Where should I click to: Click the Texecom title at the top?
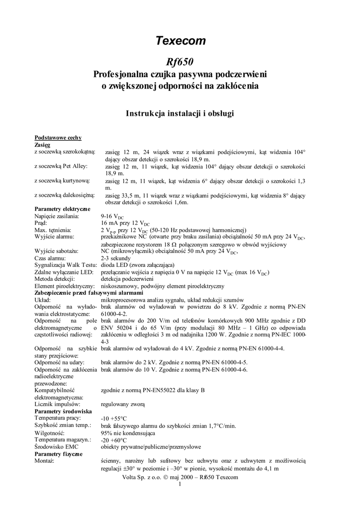(x=180, y=41)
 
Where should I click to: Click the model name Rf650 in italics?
(x=180, y=62)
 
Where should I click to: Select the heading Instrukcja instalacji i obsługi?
(x=180, y=113)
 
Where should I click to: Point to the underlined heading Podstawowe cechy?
(x=58, y=138)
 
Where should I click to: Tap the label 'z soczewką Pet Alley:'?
(x=59, y=167)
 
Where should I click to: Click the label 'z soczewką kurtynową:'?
(x=61, y=182)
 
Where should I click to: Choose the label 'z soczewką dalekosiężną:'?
(x=64, y=196)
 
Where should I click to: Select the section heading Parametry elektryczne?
(x=62, y=209)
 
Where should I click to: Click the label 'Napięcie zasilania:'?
(x=57, y=216)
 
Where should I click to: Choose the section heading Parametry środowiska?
(x=63, y=412)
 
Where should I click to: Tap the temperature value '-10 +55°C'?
(x=114, y=419)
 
